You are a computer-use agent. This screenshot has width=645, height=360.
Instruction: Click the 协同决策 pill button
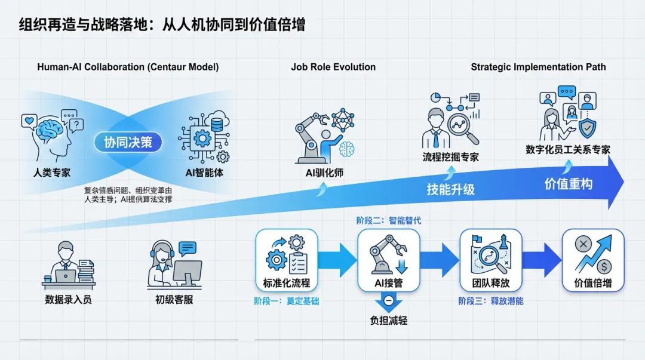[128, 142]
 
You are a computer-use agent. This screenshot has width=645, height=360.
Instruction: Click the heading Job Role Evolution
[333, 67]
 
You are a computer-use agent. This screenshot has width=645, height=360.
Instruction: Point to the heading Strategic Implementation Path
[538, 67]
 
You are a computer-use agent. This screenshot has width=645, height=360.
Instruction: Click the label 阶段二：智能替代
[388, 221]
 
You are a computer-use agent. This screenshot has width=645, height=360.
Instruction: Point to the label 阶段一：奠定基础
[286, 301]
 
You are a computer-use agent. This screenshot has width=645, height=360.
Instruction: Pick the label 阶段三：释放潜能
[490, 301]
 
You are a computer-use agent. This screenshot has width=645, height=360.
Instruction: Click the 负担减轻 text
[388, 321]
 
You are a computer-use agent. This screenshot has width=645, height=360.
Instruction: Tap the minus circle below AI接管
[388, 300]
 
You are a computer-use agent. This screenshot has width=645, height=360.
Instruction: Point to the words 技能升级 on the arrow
[450, 190]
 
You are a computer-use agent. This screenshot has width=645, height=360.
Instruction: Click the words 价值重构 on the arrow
[568, 184]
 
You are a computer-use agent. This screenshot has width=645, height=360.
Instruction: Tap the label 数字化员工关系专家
[568, 150]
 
